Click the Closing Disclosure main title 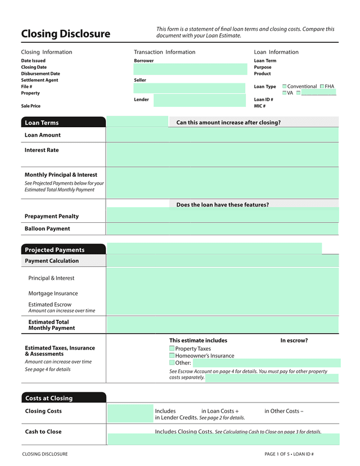[65, 34]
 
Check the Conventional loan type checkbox [285, 87]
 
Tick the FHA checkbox [322, 87]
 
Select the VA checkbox [285, 93]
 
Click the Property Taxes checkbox [172, 349]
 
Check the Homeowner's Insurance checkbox [172, 356]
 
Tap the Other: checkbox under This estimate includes [172, 363]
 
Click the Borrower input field [190, 69]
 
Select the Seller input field [190, 88]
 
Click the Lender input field [199, 101]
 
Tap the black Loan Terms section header [63, 123]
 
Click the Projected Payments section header [63, 250]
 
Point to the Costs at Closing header [63, 398]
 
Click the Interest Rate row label [42, 150]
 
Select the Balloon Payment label [47, 228]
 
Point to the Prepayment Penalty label [52, 216]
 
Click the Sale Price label [31, 106]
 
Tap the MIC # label [260, 106]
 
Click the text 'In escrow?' [294, 340]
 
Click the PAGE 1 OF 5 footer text [289, 454]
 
